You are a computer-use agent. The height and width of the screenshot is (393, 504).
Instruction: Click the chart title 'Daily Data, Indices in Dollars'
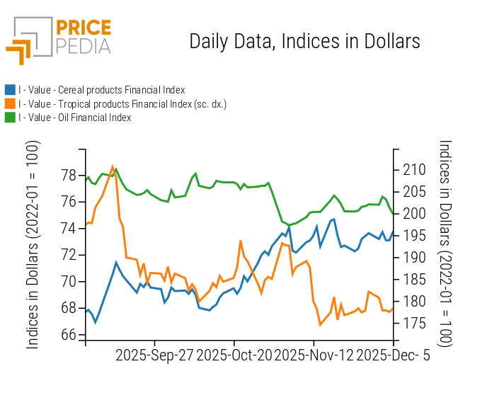[x=304, y=41]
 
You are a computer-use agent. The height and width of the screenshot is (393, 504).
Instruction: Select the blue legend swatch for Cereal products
[x=10, y=90]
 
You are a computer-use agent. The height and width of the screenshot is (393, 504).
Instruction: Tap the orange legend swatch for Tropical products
[x=10, y=104]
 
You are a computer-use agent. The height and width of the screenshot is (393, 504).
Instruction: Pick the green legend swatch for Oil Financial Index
[x=10, y=118]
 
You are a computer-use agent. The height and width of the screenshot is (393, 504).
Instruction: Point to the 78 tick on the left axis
[x=69, y=175]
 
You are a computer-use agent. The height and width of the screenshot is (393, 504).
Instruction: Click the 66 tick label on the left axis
[x=69, y=334]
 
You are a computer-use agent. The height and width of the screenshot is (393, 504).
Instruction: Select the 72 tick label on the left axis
[x=69, y=255]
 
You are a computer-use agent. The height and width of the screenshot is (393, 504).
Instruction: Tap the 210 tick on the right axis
[x=415, y=170]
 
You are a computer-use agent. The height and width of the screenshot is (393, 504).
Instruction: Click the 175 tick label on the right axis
[x=415, y=324]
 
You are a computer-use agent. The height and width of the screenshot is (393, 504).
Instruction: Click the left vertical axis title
[x=33, y=244]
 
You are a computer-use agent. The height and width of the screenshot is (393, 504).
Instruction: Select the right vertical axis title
[x=445, y=244]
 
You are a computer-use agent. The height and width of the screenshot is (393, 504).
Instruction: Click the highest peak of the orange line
[x=113, y=166]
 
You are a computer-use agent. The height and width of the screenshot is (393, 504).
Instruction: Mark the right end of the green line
[x=394, y=213]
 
